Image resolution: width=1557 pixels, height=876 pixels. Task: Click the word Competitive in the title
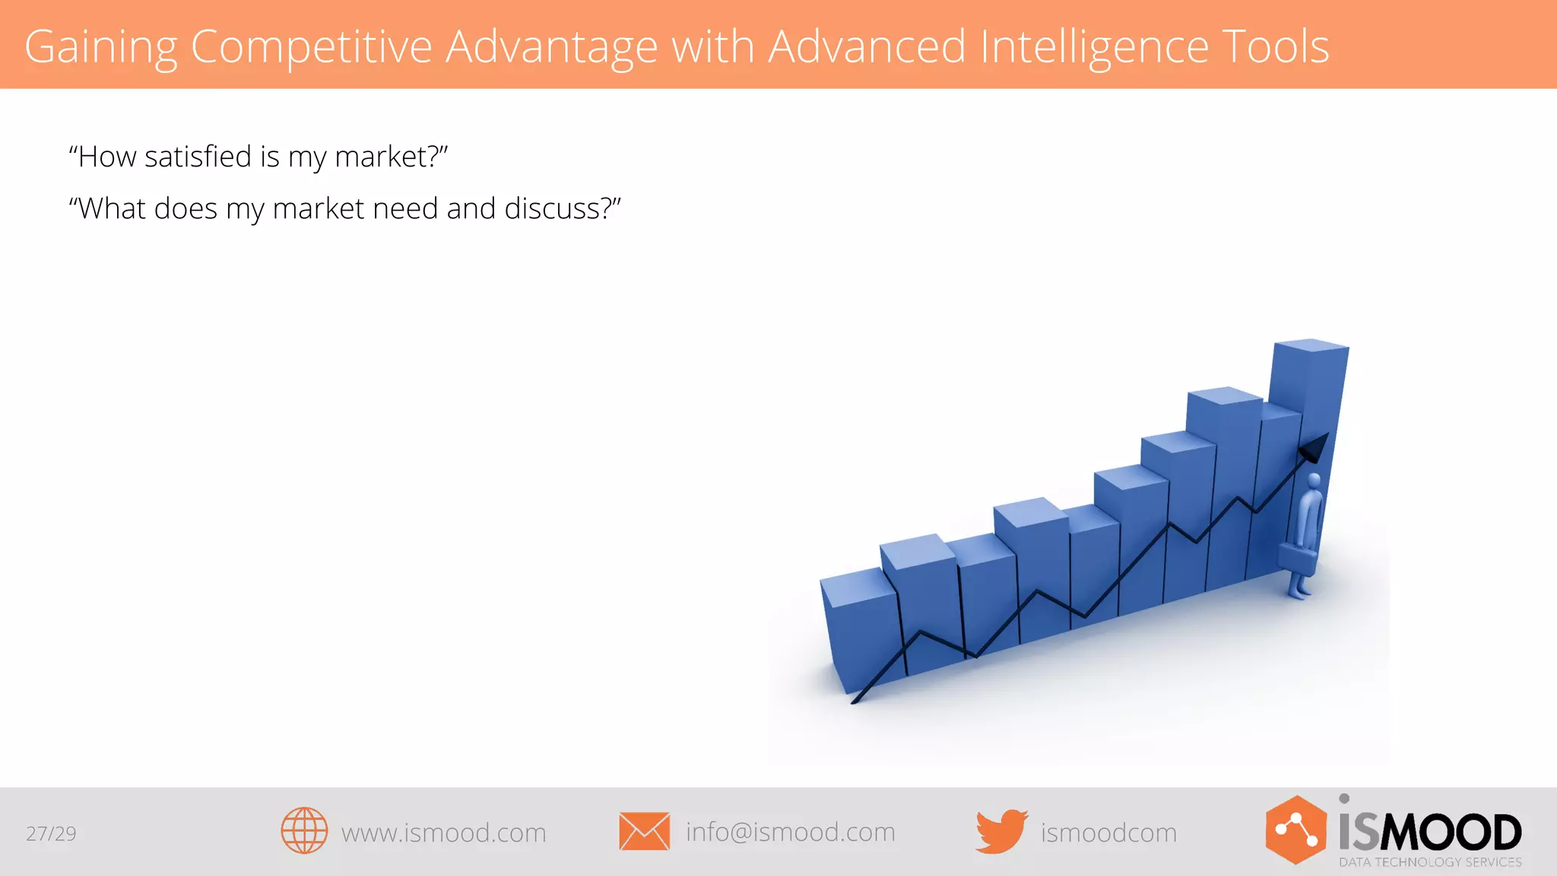pos(310,47)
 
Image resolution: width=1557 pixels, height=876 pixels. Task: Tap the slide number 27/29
pos(51,833)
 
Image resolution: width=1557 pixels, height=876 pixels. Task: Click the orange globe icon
pos(304,830)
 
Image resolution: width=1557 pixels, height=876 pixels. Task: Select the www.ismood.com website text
pos(443,833)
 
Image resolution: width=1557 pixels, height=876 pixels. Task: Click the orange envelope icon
pos(644,831)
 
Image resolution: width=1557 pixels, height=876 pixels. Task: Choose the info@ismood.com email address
pos(790,832)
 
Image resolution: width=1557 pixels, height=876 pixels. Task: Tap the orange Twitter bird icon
pos(1000,831)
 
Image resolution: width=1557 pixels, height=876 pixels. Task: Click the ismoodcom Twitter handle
pos(1108,833)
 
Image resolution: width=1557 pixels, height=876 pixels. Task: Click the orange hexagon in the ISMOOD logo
pos(1295,830)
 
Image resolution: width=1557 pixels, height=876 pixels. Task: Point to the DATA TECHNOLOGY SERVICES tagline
pos(1430,862)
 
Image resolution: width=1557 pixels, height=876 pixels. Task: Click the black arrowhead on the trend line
pos(1314,449)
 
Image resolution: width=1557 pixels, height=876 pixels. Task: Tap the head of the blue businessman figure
pos(1314,481)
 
